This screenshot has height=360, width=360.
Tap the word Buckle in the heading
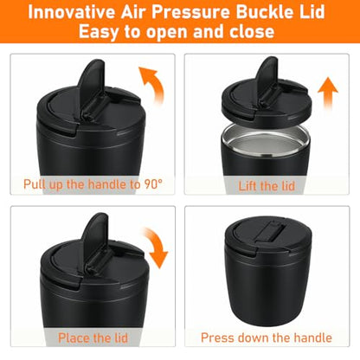pyautogui.click(x=261, y=12)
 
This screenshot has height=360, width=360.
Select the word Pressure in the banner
pyautogui.click(x=190, y=12)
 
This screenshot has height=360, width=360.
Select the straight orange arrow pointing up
pyautogui.click(x=328, y=93)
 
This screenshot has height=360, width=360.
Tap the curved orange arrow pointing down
pyautogui.click(x=157, y=247)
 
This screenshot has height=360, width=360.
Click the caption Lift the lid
pyautogui.click(x=267, y=186)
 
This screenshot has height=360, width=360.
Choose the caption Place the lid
pyautogui.click(x=93, y=337)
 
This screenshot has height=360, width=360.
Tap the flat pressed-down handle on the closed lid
pyautogui.click(x=270, y=231)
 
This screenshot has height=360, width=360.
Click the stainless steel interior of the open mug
pyautogui.click(x=265, y=141)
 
